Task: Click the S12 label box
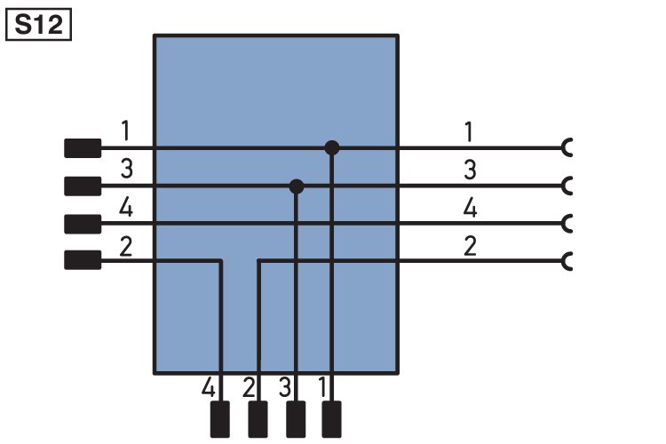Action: point(38,25)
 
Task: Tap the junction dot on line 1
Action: point(332,148)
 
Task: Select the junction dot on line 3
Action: point(297,186)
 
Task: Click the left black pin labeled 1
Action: point(83,148)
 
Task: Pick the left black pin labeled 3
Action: point(83,186)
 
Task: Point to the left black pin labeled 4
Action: point(83,224)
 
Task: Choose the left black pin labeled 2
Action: point(83,260)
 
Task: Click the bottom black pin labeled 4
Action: point(220,419)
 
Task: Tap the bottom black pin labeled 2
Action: point(258,419)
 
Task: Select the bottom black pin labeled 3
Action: point(296,419)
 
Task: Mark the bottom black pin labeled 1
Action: point(331,419)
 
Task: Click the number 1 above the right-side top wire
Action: point(469,131)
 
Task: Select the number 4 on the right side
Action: point(470,208)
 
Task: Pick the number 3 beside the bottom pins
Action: point(285,387)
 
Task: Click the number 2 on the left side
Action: point(126,247)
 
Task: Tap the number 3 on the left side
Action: point(127,169)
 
